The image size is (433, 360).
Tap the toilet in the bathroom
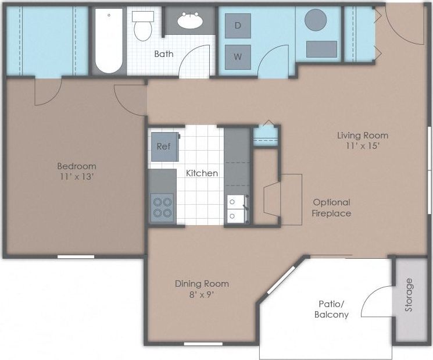point(142,26)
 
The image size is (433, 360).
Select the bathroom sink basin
point(190,22)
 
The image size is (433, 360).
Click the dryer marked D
point(238,26)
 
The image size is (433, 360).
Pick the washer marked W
point(238,57)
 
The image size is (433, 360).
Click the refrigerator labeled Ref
point(164,147)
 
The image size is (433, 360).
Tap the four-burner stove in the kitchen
point(163,208)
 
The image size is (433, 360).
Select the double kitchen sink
point(237,209)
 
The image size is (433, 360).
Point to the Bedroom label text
point(77,166)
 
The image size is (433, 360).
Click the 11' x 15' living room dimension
point(363,146)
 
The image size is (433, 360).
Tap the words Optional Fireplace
point(332,208)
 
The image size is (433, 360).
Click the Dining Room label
point(202,284)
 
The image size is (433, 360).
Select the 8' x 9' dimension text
point(202,294)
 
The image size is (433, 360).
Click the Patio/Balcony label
point(332,309)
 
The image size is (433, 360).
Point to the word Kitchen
point(202,173)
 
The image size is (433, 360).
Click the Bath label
point(163,54)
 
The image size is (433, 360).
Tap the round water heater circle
point(316,20)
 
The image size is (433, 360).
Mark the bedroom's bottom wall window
point(76,256)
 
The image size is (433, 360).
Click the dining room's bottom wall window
point(203,344)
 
